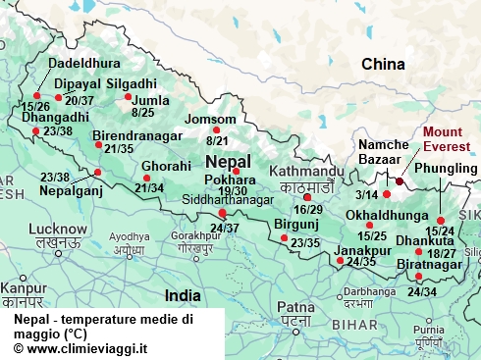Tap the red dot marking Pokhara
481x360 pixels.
(236, 171)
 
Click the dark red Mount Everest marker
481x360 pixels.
(400, 180)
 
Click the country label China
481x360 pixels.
(383, 65)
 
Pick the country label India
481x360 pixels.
(183, 294)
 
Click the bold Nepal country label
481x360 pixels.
(228, 161)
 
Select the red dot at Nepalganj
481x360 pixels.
(97, 172)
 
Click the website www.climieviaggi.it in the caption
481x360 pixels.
(80, 347)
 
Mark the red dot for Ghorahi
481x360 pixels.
(147, 178)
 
